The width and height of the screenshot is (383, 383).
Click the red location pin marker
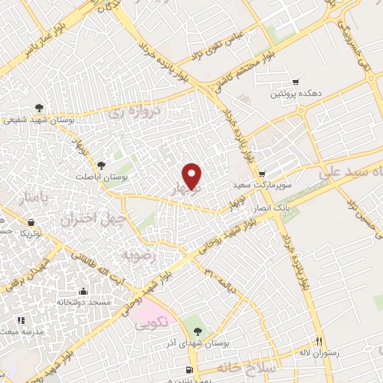pyautogui.click(x=193, y=176)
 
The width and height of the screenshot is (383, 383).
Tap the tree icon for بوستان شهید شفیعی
pyautogui.click(x=39, y=108)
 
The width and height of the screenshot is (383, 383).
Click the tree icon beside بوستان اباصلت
pyautogui.click(x=102, y=165)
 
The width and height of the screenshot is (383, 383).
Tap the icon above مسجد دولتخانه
pyautogui.click(x=82, y=291)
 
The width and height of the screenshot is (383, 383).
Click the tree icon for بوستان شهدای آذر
pyautogui.click(x=197, y=330)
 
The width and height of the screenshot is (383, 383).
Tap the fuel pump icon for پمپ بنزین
pyautogui.click(x=190, y=370)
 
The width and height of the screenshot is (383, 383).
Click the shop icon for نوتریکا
pyautogui.click(x=31, y=222)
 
